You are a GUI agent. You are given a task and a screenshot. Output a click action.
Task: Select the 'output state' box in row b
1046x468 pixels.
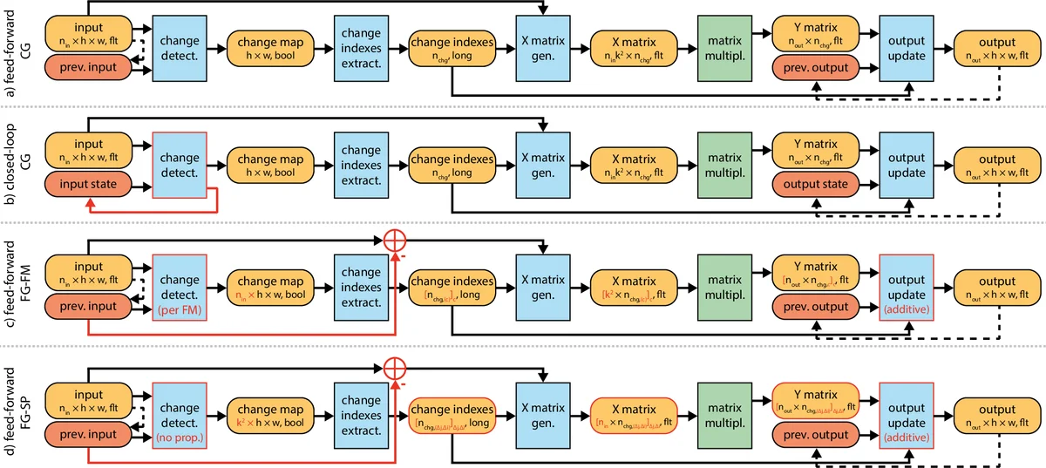click(815, 185)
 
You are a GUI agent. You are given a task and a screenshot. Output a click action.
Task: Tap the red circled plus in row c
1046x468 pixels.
click(397, 244)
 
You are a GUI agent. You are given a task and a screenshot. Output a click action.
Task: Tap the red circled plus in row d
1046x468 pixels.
click(397, 364)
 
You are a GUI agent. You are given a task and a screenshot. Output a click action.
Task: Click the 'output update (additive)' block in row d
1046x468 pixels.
click(907, 410)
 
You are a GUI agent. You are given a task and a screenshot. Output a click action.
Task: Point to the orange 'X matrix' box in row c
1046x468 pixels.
click(634, 289)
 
